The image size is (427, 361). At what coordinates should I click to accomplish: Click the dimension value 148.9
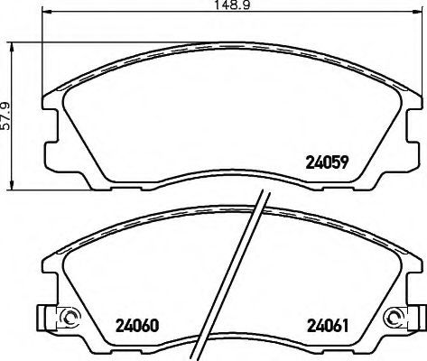tap(232, 5)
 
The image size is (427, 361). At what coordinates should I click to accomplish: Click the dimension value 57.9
tap(5, 116)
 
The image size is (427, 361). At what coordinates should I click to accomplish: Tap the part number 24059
tap(327, 162)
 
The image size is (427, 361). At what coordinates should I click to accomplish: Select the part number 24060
tap(137, 326)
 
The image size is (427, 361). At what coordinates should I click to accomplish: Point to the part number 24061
tap(328, 326)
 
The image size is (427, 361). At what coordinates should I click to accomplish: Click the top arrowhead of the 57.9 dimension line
tap(12, 48)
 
